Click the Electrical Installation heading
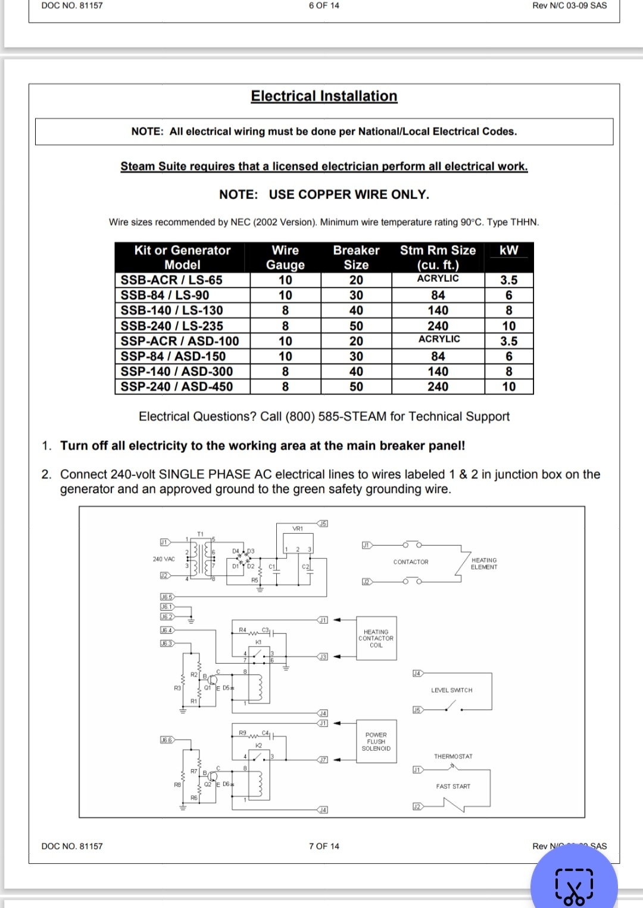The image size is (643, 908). click(324, 96)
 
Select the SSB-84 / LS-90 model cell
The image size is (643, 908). click(165, 296)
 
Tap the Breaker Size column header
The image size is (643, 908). click(356, 257)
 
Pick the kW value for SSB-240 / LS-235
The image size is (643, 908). click(508, 326)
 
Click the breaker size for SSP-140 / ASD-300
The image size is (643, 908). click(356, 372)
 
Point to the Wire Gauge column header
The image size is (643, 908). click(285, 257)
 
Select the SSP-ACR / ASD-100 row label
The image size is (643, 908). click(180, 341)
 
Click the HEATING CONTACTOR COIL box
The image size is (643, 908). click(376, 639)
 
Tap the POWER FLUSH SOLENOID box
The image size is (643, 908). click(376, 742)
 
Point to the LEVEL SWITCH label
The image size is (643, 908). click(451, 691)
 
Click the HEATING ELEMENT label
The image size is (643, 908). click(484, 564)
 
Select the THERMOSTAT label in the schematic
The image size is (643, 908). click(453, 757)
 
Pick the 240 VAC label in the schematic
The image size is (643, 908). click(164, 559)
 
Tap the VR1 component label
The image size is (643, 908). click(298, 528)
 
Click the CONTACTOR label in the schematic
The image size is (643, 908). click(411, 562)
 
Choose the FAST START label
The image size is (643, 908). click(453, 786)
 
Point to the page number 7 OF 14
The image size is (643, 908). click(324, 846)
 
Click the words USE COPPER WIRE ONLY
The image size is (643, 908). click(349, 195)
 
